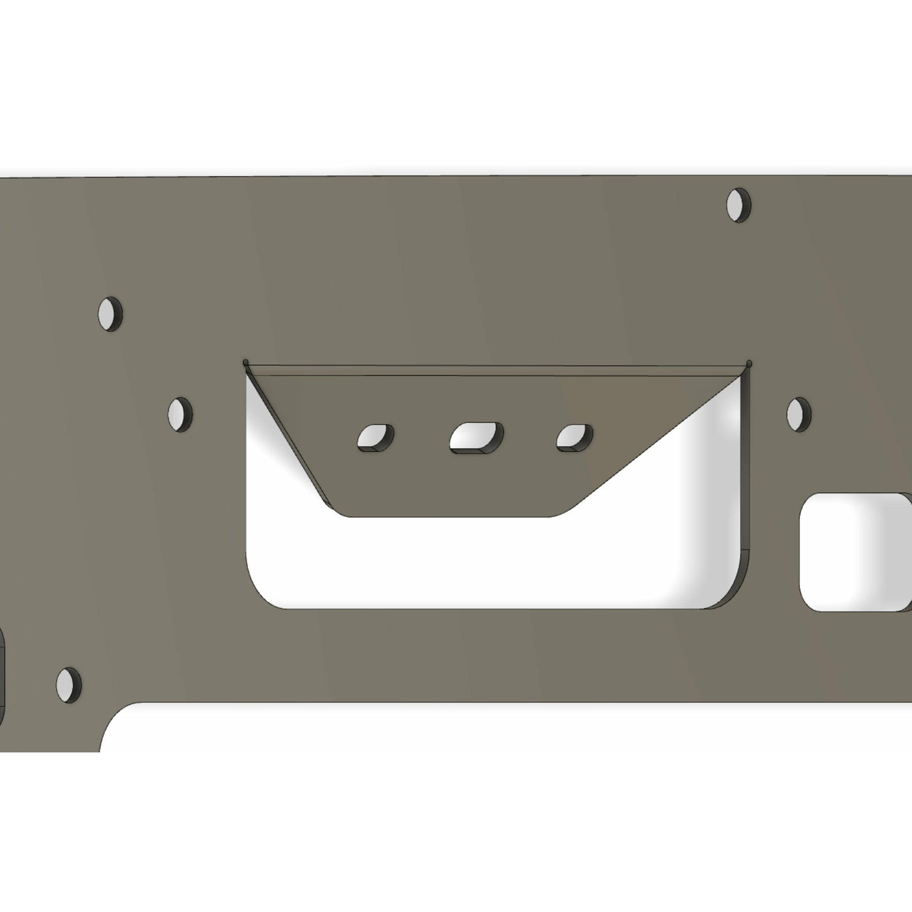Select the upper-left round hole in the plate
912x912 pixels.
[110, 313]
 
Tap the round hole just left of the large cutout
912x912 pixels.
[180, 414]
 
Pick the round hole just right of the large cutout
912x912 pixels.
[799, 414]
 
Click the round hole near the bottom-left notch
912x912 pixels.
[68, 685]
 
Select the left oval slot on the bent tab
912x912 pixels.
[376, 438]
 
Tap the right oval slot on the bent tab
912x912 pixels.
[574, 437]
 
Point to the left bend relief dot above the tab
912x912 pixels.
[246, 363]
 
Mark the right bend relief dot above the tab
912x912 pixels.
[749, 363]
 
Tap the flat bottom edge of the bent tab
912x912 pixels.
[448, 517]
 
